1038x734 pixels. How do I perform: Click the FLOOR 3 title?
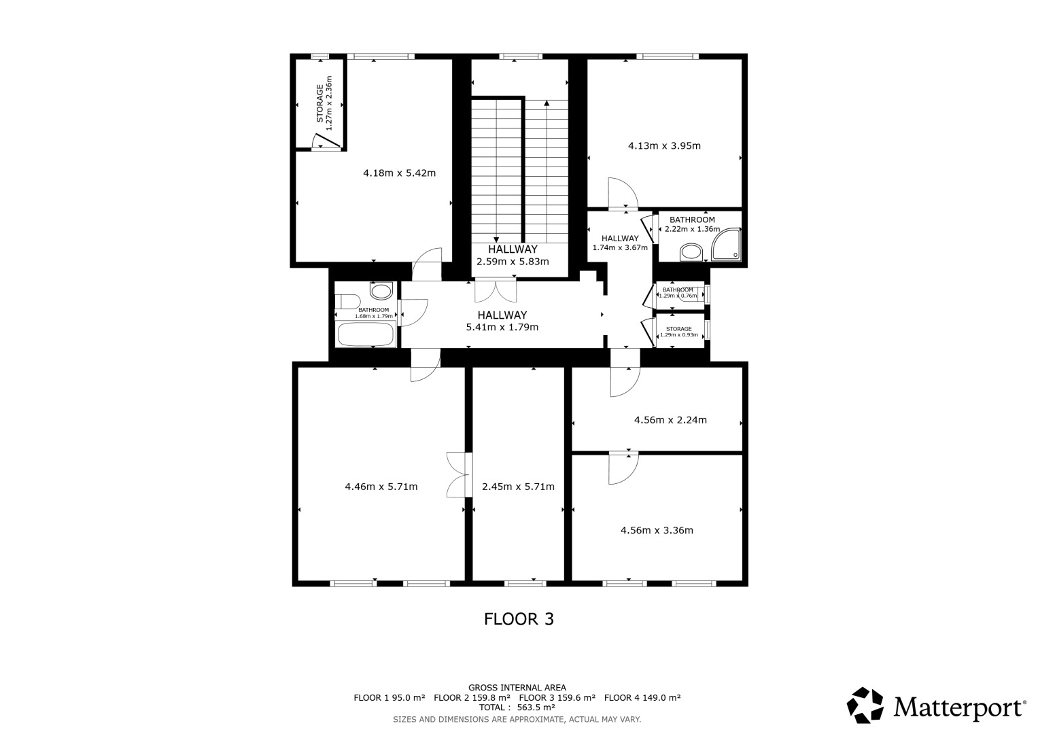(519, 619)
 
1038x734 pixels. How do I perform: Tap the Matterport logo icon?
(865, 705)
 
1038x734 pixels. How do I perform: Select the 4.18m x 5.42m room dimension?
(400, 173)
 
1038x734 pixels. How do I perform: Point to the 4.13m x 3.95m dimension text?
(664, 146)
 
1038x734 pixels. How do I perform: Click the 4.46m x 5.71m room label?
(381, 487)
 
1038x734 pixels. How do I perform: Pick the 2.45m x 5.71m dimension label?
(518, 487)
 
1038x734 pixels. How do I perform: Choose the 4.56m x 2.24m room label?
(670, 420)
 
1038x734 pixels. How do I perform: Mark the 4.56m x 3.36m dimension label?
(657, 530)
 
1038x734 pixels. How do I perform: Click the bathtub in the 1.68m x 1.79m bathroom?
(366, 334)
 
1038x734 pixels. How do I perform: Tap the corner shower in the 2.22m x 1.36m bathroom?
(726, 245)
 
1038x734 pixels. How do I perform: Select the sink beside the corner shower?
(691, 253)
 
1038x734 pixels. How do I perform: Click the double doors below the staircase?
(496, 290)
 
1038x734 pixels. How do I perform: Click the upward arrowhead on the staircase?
(547, 103)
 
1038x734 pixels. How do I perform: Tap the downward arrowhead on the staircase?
(496, 239)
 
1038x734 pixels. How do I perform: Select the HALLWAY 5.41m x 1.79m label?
(502, 321)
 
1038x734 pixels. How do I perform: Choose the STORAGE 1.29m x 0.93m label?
(679, 332)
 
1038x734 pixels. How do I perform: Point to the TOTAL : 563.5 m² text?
(517, 707)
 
